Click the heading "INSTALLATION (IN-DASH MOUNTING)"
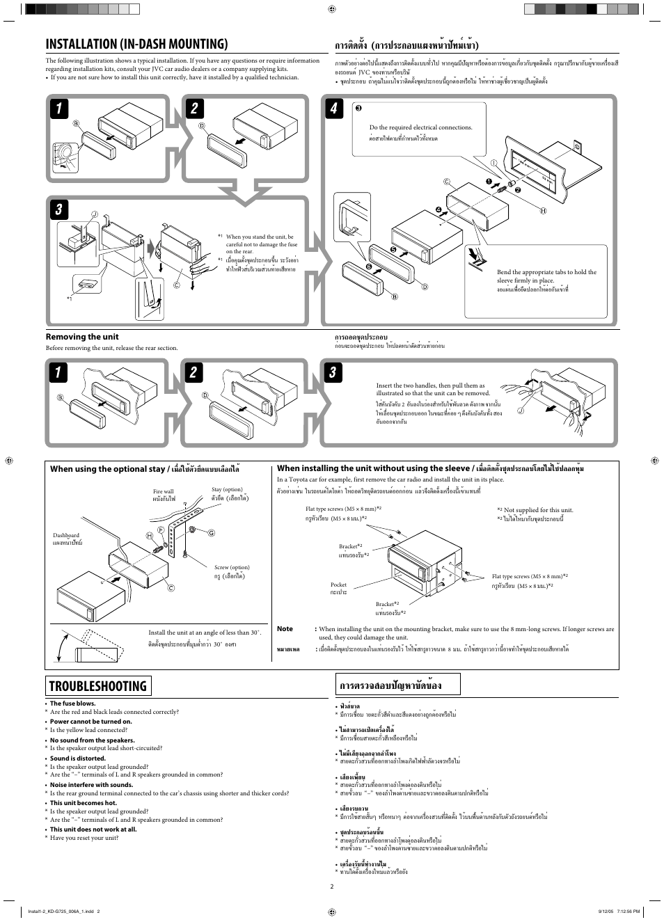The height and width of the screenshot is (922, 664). tap(136, 44)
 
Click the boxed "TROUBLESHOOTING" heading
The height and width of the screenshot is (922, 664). tap(99, 685)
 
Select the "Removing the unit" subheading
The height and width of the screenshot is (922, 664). tap(82, 337)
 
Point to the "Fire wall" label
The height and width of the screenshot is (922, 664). tap(163, 491)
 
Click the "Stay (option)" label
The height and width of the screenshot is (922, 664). tap(227, 490)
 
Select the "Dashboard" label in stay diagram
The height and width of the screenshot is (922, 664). tap(66, 535)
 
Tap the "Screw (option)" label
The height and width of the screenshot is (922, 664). tap(232, 567)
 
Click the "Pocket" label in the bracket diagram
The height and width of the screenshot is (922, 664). tap(338, 585)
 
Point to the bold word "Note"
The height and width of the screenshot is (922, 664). tap(285, 629)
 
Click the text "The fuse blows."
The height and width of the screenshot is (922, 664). tap(72, 704)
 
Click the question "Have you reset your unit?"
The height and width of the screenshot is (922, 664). tap(84, 838)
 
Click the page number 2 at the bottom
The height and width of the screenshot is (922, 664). tap(332, 887)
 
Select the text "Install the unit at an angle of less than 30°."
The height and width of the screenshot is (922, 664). tap(205, 633)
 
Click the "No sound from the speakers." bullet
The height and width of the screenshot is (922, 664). tap(92, 740)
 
